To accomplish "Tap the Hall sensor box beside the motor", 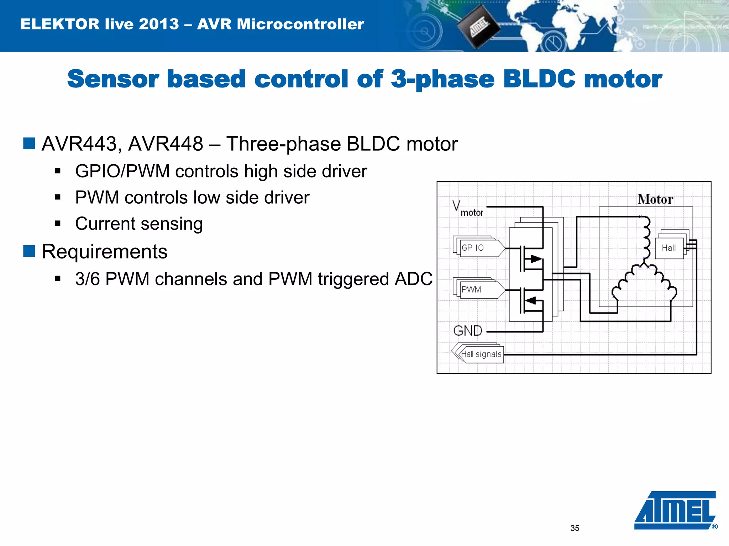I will click(669, 248).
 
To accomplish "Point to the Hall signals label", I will click(481, 354).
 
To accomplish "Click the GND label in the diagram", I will click(468, 331).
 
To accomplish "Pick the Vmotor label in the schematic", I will click(467, 209).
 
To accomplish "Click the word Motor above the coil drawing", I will click(655, 199).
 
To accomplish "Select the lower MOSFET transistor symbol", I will click(531, 301).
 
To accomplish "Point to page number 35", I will click(575, 528).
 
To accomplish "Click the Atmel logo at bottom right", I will click(675, 510).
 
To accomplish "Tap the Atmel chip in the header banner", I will click(478, 27).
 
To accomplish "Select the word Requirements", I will click(104, 252).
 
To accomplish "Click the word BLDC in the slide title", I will click(539, 79).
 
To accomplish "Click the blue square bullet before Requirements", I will click(29, 251).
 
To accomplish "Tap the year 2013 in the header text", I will click(159, 24).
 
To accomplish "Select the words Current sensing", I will click(139, 224).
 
